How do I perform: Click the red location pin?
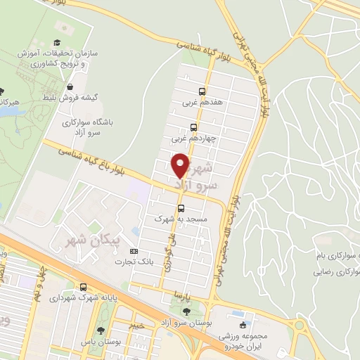pos(181,167)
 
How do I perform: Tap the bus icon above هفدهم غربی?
pos(202,91)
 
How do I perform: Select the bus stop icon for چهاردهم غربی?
pos(193,127)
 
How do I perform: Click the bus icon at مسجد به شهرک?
pos(181,208)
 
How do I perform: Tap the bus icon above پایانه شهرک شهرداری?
pos(84,287)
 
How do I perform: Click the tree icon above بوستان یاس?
pos(103,330)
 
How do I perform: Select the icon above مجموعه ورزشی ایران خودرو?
pos(244,325)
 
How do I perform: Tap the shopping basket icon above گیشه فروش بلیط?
pos(70,86)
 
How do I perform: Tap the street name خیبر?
pos(137,326)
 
